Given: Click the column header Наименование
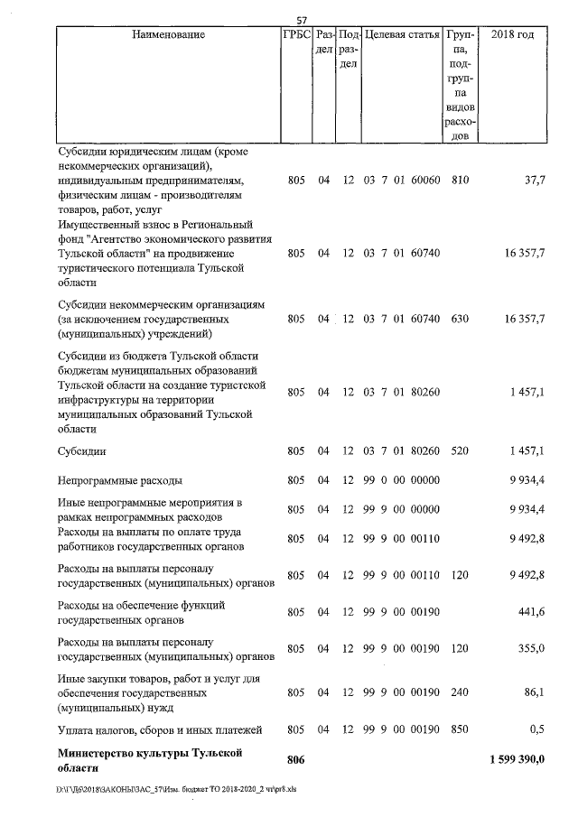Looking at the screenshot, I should (168, 35).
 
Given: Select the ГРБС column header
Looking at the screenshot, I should (295, 35).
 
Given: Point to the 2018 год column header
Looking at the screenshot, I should (512, 35).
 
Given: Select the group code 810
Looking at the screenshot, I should (460, 181).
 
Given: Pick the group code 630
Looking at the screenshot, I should (460, 320).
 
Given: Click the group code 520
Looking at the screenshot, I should (460, 450).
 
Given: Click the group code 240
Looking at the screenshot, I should (460, 693).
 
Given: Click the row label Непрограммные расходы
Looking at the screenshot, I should (119, 479).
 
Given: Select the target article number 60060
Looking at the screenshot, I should (424, 181).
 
